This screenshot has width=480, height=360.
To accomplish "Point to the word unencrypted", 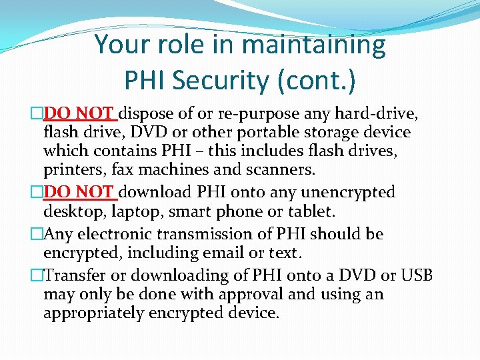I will (348, 193).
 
